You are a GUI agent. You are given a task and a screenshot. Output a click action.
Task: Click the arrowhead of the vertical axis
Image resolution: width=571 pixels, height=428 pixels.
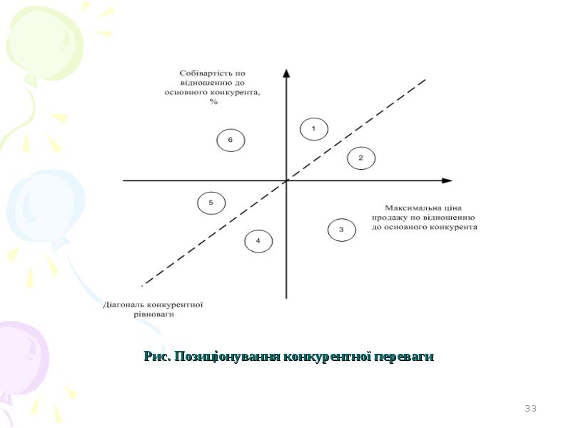click(x=287, y=73)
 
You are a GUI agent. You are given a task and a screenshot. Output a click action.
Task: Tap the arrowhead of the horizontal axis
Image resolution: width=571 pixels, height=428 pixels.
click(x=448, y=180)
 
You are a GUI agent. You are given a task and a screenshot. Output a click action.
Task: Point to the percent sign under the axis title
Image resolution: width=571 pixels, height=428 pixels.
click(x=213, y=101)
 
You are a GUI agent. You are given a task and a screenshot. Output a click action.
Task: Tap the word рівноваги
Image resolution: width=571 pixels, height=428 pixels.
click(x=153, y=314)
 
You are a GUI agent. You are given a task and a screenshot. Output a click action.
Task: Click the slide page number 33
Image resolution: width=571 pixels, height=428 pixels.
click(x=530, y=408)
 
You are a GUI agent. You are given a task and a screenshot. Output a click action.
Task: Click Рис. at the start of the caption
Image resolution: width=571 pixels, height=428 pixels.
click(x=158, y=356)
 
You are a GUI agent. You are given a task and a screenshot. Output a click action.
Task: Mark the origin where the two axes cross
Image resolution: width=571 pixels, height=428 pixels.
click(x=287, y=180)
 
